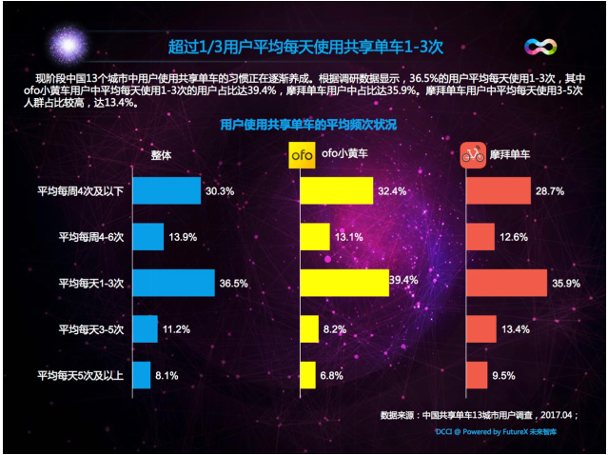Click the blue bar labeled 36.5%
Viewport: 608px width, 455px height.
tap(173, 283)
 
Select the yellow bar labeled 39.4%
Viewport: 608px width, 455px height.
tap(343, 283)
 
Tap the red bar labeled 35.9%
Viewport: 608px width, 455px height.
tap(506, 283)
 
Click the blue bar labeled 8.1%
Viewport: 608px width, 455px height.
tap(142, 375)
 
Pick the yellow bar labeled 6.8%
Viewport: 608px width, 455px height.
tap(307, 375)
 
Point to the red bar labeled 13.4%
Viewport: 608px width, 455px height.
tap(481, 329)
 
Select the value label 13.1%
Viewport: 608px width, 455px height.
tap(348, 237)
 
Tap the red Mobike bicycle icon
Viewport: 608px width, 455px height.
tap(472, 154)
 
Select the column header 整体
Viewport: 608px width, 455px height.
tap(161, 154)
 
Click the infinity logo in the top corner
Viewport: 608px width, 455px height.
tap(540, 47)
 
